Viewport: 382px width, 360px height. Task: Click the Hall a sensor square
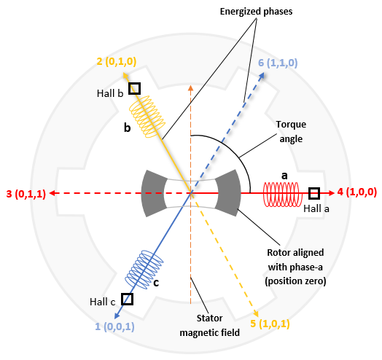pos(314,193)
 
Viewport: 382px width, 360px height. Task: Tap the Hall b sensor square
pos(134,88)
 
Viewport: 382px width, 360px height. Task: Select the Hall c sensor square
pos(127,299)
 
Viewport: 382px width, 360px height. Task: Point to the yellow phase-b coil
pos(147,117)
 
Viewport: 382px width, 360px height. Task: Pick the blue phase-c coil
pos(144,270)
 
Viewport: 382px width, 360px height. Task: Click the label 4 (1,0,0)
pos(357,192)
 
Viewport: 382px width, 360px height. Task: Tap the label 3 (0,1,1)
pos(26,194)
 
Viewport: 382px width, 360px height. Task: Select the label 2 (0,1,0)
pos(117,61)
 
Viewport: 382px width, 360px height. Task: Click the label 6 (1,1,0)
pos(278,63)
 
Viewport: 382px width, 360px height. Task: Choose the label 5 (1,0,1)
pos(270,324)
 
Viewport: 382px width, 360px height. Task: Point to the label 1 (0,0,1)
pos(114,326)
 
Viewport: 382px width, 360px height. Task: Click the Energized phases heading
pos(256,12)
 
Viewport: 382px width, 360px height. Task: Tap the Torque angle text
pos(291,131)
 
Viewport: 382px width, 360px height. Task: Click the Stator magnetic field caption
pos(209,326)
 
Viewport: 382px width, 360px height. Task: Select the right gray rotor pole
pos(228,193)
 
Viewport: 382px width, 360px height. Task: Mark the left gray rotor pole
pos(154,193)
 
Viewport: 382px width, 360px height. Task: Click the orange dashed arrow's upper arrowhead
pos(190,88)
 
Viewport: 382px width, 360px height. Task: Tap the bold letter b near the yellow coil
pos(127,128)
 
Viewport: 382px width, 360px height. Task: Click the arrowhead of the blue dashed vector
pos(262,75)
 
